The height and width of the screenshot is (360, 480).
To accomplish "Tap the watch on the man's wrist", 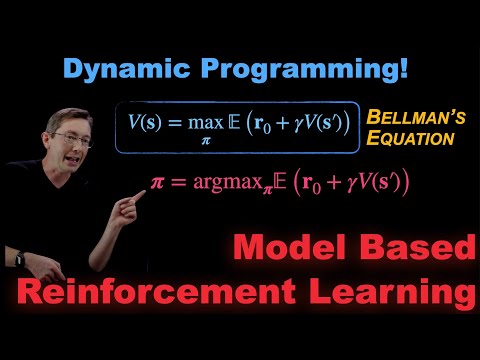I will pos(20,258).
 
